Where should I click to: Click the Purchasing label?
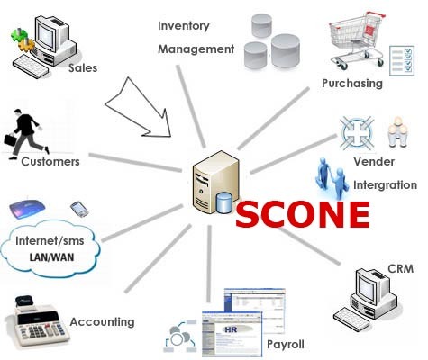pyautogui.click(x=352, y=84)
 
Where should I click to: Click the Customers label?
pyautogui.click(x=50, y=162)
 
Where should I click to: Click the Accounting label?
pyautogui.click(x=102, y=321)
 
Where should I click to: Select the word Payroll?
pyautogui.click(x=286, y=344)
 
